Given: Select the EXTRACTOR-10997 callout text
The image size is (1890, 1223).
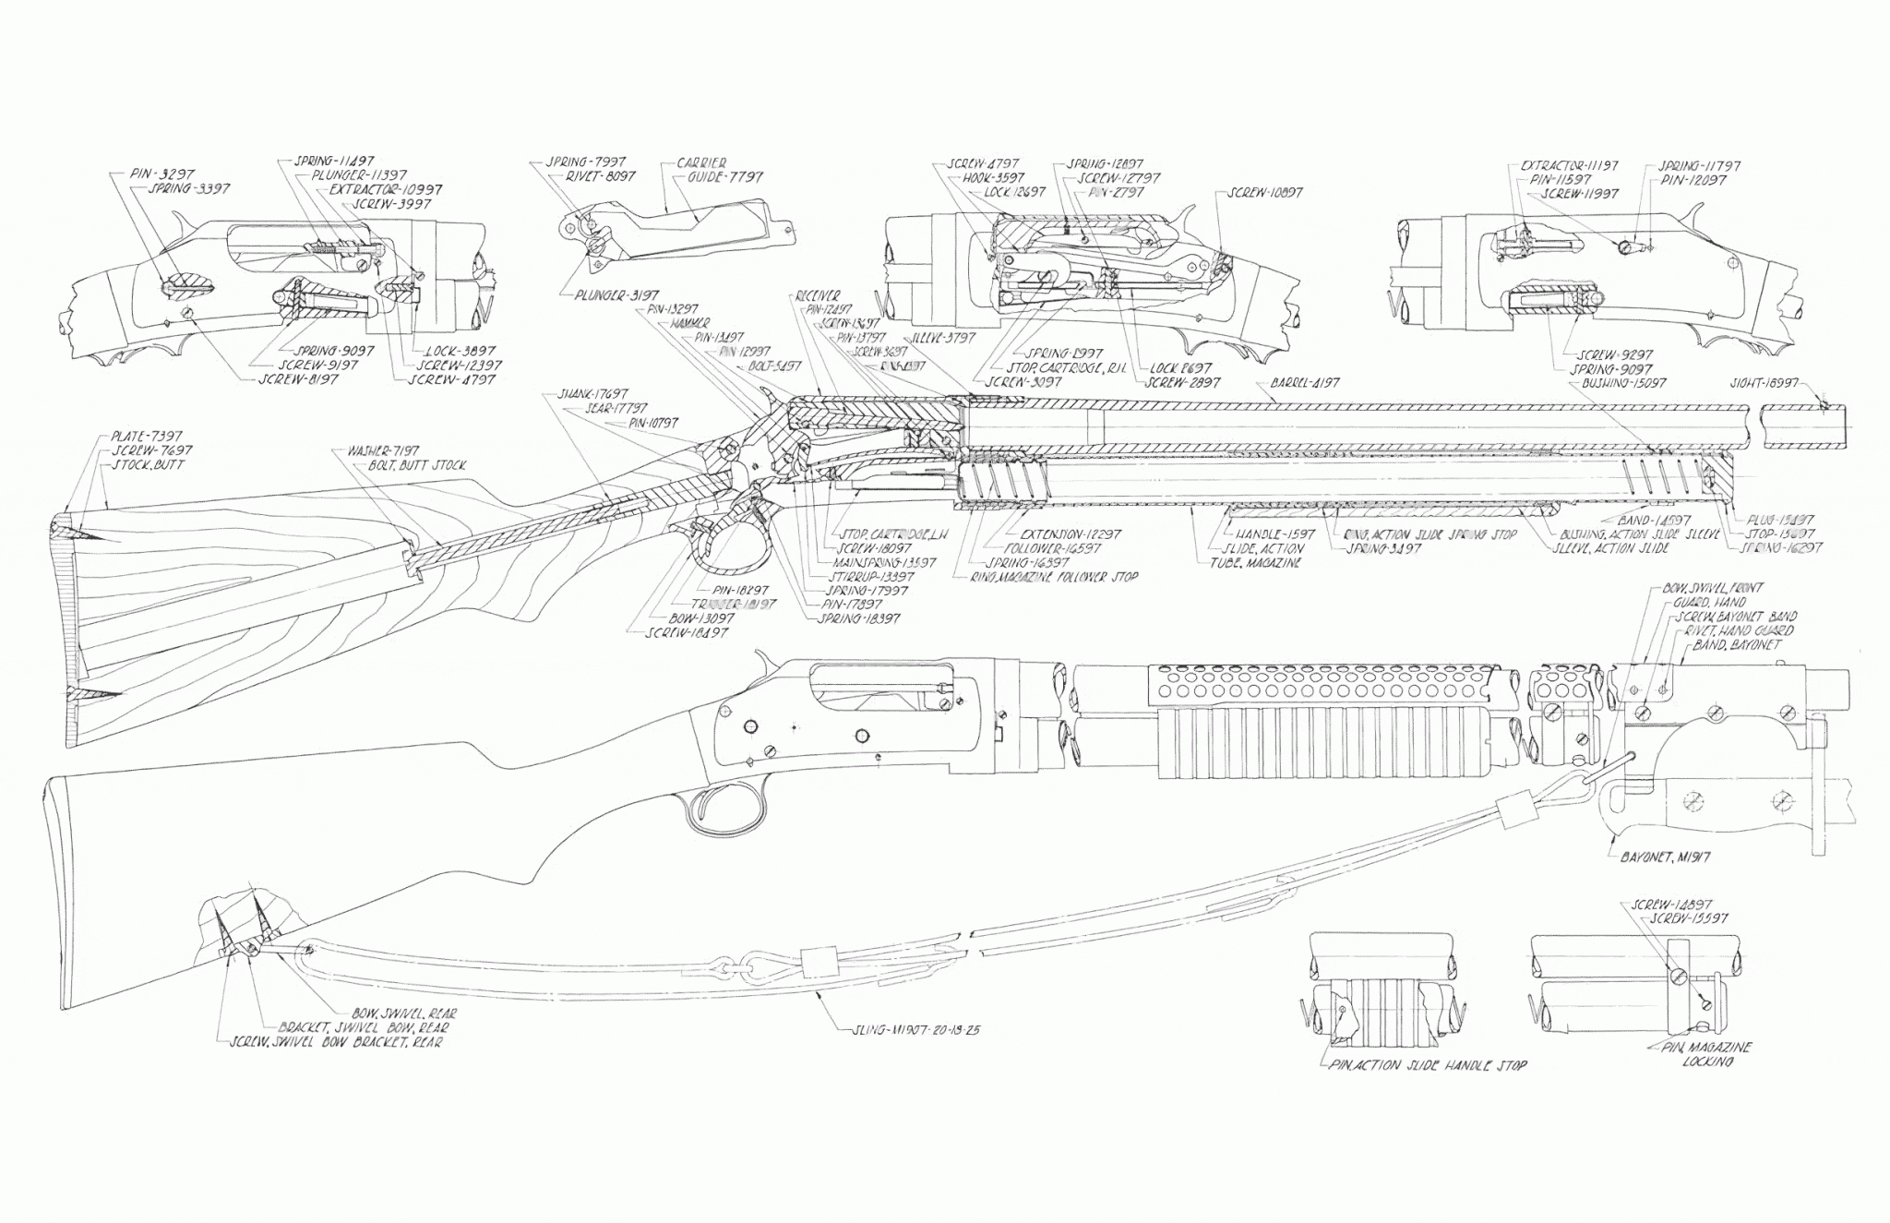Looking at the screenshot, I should click(x=385, y=189).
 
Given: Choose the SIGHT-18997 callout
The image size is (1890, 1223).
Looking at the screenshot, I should click(x=1764, y=382).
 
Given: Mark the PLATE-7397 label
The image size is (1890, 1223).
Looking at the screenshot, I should click(x=147, y=436).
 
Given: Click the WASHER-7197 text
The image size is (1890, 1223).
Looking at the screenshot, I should click(x=382, y=451).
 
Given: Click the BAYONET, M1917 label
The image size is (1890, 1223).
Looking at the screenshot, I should click(x=1665, y=857).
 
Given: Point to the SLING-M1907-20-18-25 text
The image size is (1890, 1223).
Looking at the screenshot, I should click(x=917, y=1029).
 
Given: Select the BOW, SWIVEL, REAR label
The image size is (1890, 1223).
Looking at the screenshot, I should click(x=403, y=1013).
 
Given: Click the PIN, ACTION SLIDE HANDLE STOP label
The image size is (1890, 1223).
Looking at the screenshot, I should click(x=1428, y=1065).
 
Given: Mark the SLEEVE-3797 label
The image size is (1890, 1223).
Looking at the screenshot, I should click(x=944, y=338).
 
